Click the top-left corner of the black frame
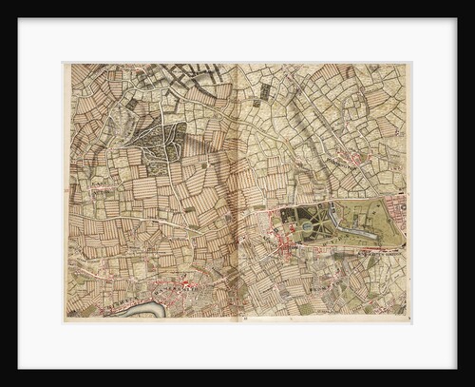pyautogui.click(x=3, y=3)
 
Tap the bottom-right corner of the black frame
pyautogui.click(x=472, y=384)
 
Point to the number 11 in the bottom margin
pyautogui.click(x=245, y=320)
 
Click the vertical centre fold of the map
pyautogui.click(x=236, y=190)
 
